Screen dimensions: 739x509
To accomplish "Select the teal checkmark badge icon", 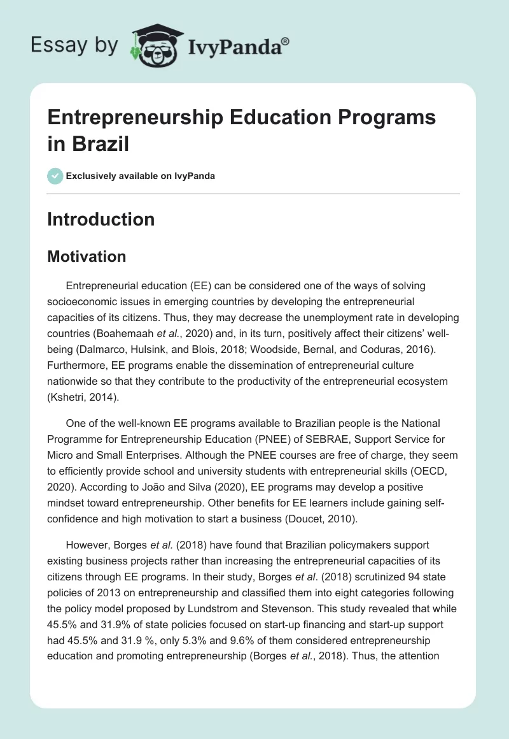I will point(55,176).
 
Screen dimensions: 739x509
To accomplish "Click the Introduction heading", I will point(101,219).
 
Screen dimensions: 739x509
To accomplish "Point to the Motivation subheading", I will point(87,256).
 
